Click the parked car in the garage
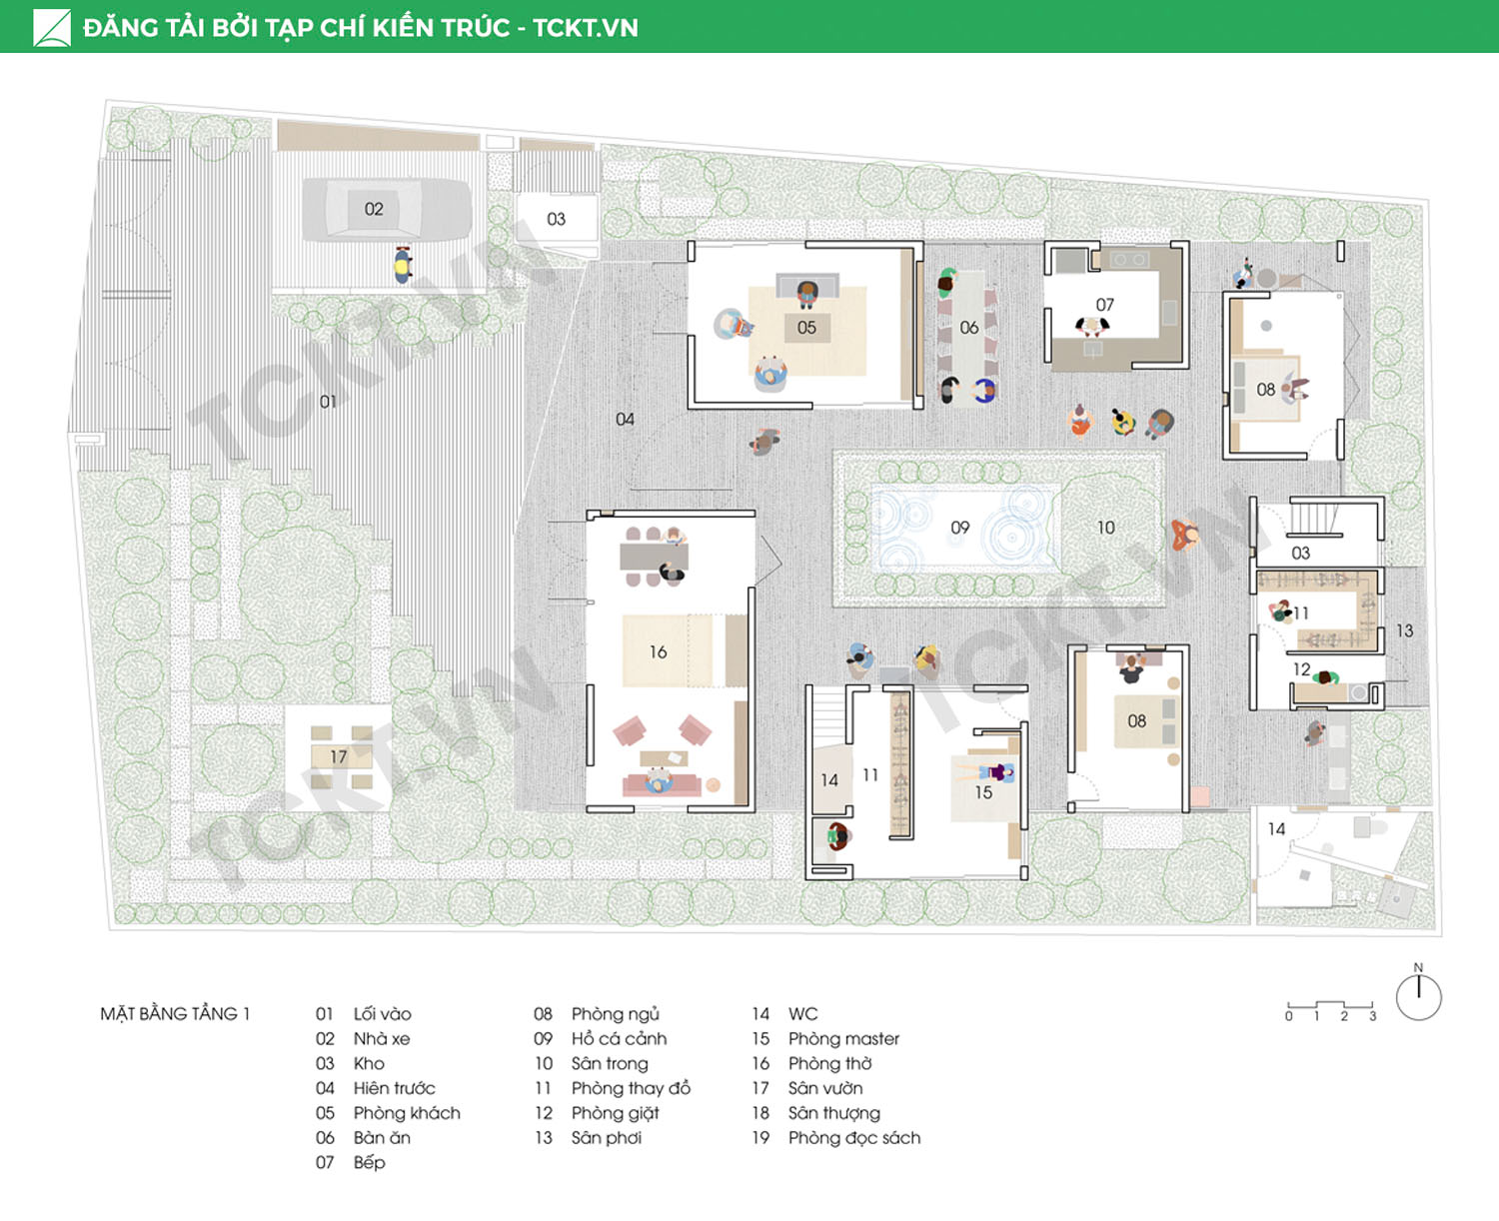[387, 209]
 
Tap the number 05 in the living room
[806, 328]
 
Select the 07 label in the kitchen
[1105, 305]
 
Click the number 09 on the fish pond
[960, 528]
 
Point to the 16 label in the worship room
[658, 651]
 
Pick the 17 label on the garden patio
[339, 756]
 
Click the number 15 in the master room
[983, 792]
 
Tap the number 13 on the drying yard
[1405, 630]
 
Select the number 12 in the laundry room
[1302, 668]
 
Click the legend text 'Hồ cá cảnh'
[619, 1039]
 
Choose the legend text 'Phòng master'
[843, 1039]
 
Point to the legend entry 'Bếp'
[369, 1163]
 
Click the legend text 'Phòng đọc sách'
[854, 1138]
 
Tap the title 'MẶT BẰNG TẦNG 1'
[175, 1014]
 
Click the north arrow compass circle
[1419, 998]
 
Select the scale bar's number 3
[1372, 1016]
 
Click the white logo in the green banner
[52, 28]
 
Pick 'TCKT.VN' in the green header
[586, 28]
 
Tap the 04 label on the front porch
[625, 420]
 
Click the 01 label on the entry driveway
[328, 402]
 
